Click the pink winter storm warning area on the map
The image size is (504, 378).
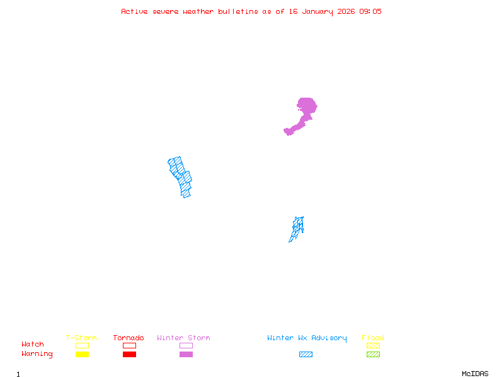pyautogui.click(x=306, y=108)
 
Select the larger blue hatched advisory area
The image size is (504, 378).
pyautogui.click(x=180, y=176)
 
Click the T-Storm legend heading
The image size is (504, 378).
pyautogui.click(x=81, y=338)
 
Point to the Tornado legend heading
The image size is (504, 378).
pyautogui.click(x=129, y=338)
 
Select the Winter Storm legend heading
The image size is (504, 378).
pyautogui.click(x=183, y=338)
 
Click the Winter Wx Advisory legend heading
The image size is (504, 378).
pyautogui.click(x=307, y=338)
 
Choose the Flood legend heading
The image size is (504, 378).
pyautogui.click(x=373, y=338)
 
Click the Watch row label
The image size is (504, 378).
pyautogui.click(x=33, y=345)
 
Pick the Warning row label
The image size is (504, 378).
pyautogui.click(x=37, y=354)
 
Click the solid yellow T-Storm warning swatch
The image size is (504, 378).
pyautogui.click(x=82, y=355)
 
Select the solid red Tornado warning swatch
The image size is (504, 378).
pyautogui.click(x=129, y=355)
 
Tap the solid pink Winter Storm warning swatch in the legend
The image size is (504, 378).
pyautogui.click(x=186, y=355)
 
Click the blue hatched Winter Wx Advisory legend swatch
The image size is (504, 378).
pyautogui.click(x=306, y=355)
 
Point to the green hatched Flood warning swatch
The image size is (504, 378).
pyautogui.click(x=373, y=355)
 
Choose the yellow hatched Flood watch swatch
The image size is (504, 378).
pyautogui.click(x=373, y=345)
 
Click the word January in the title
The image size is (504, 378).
pyautogui.click(x=316, y=11)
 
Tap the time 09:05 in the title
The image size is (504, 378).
pyautogui.click(x=370, y=11)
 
